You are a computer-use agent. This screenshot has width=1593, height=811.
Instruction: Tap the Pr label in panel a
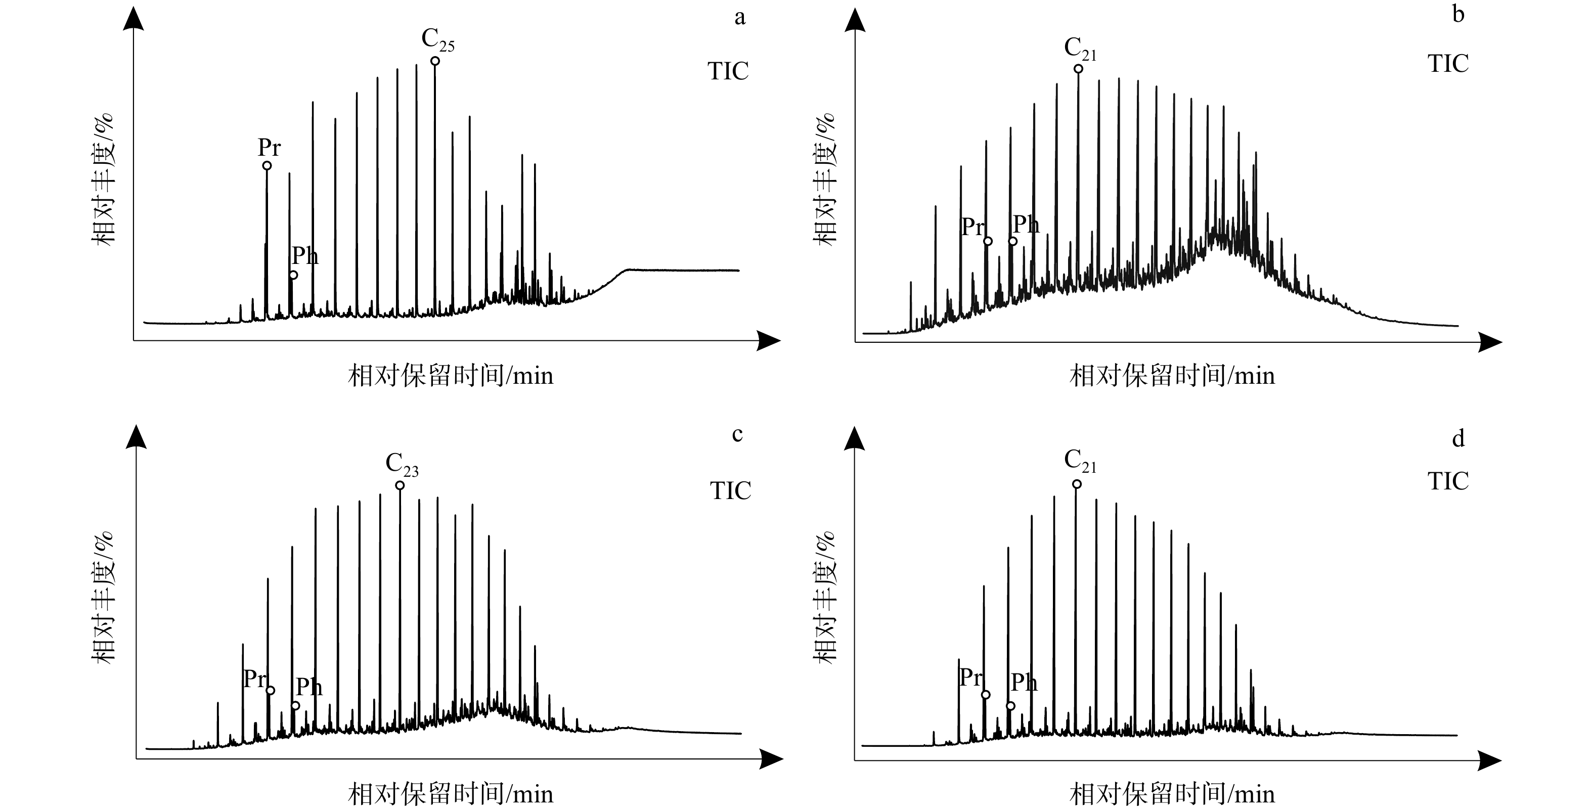tap(269, 147)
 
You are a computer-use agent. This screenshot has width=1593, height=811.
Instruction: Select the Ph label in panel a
tap(305, 255)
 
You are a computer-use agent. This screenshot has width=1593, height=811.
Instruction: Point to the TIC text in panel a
tap(728, 71)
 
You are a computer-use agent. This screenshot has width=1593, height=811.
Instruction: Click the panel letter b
tap(1458, 14)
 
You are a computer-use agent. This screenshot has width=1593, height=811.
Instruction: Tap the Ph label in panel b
tap(1026, 224)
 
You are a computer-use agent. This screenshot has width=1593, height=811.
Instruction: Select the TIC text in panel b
tap(1448, 64)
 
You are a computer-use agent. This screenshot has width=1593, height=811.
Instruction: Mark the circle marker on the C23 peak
tap(400, 485)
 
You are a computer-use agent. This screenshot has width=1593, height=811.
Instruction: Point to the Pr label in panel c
tap(255, 678)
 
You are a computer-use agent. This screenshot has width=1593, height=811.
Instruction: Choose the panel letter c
tap(737, 434)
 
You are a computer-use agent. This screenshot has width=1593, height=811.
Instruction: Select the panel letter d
tap(1458, 438)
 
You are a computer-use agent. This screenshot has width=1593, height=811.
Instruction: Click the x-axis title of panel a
tap(451, 376)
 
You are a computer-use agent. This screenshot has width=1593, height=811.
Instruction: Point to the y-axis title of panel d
tap(824, 598)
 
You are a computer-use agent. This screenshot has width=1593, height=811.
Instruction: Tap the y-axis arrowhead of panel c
tap(136, 436)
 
